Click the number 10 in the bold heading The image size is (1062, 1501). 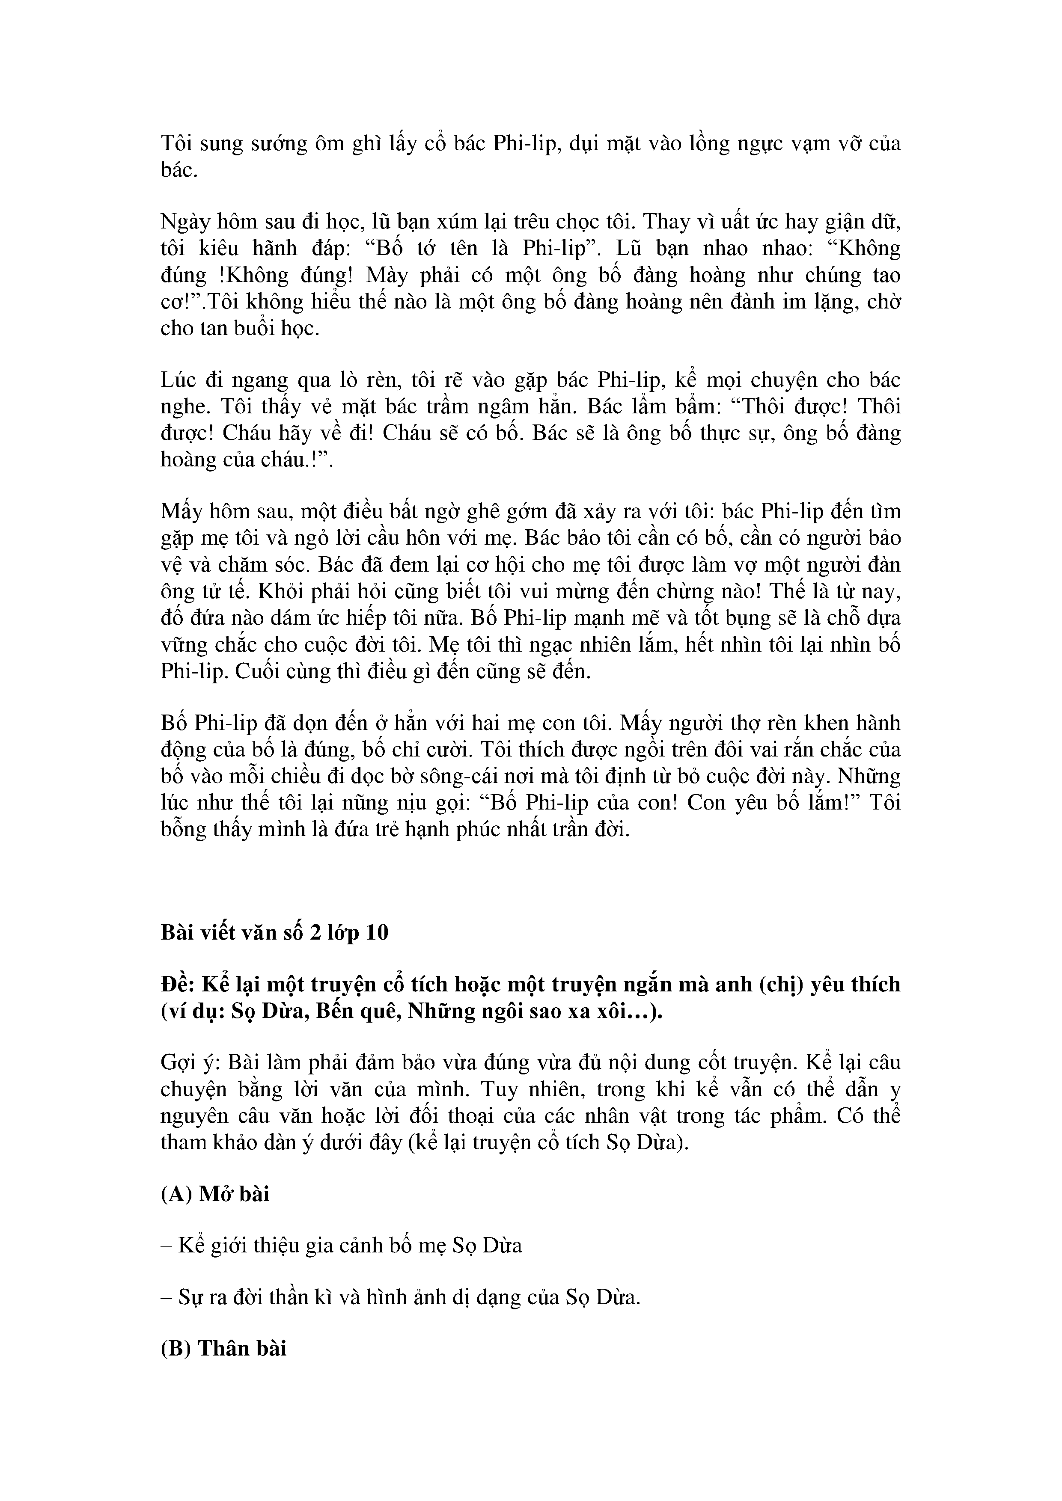(x=377, y=932)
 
